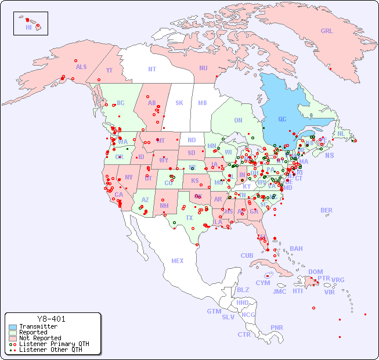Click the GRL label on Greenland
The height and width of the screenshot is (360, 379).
[327, 31]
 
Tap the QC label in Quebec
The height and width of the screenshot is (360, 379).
[282, 119]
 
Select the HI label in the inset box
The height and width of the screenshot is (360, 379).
[28, 27]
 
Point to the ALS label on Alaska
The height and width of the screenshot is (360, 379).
[81, 67]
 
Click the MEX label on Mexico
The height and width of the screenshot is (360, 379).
[178, 261]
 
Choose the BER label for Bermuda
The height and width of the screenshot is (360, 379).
[326, 210]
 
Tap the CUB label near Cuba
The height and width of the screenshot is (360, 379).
[247, 255]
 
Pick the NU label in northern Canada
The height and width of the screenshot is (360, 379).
[203, 68]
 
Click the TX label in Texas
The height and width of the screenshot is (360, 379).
[189, 218]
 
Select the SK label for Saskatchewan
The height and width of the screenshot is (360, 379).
[179, 103]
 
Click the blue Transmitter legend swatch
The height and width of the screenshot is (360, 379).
[13, 327]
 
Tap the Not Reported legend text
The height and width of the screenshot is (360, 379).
[40, 338]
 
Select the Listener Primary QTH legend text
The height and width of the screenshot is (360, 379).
[54, 344]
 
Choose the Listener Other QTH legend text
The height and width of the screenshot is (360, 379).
[50, 350]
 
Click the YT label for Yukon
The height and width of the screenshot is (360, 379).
[109, 70]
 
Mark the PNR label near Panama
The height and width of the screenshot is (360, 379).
[277, 327]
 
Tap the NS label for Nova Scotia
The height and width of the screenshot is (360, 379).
[329, 155]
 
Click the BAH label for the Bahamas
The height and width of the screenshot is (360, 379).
[296, 249]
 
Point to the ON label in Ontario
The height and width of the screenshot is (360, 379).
[238, 120]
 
